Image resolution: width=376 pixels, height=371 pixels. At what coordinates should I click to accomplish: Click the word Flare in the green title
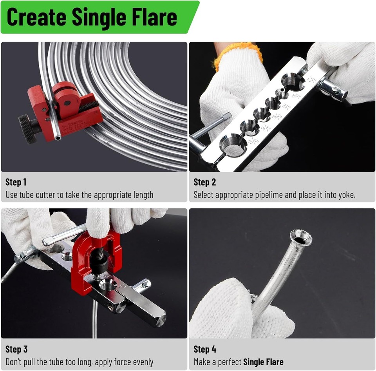(154, 17)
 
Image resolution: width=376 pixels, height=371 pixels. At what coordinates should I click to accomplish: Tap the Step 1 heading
(16, 182)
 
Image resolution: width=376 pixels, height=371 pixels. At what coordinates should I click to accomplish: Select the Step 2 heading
(205, 182)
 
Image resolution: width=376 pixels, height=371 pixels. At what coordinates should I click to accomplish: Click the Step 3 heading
(16, 349)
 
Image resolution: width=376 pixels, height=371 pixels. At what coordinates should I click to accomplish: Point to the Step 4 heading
(205, 349)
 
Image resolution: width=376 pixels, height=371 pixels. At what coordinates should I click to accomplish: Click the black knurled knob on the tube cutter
(27, 128)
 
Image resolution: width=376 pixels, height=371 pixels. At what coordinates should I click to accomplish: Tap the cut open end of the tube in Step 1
(58, 138)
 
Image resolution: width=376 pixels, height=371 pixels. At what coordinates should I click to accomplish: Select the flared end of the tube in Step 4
(301, 238)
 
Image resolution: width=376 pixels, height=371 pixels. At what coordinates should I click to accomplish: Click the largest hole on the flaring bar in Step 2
(233, 146)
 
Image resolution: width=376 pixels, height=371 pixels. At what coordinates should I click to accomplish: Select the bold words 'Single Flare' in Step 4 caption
(263, 362)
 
